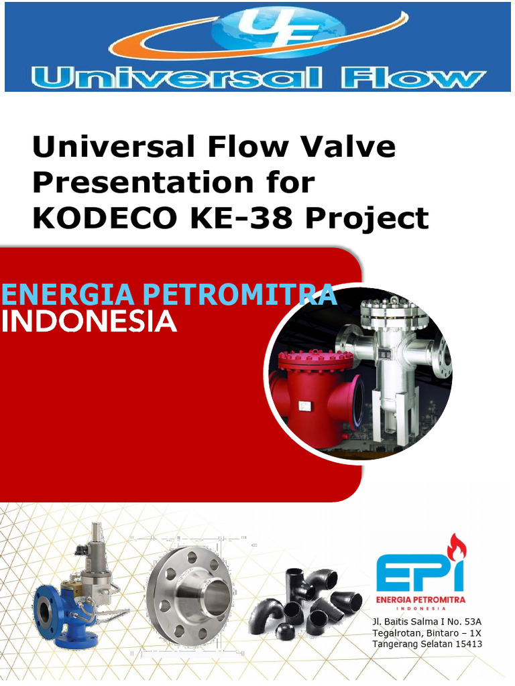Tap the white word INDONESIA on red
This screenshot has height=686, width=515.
click(x=89, y=322)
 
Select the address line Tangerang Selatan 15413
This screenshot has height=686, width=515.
click(x=427, y=644)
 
